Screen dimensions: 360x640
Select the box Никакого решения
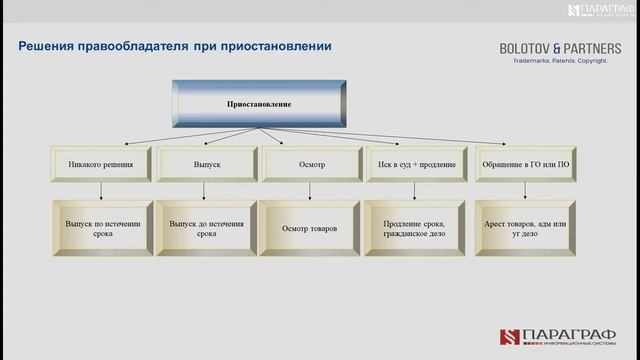(x=102, y=164)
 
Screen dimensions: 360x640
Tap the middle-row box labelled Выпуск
(x=206, y=164)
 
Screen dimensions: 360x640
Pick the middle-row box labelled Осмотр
(x=310, y=164)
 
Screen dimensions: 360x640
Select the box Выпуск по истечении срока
(x=102, y=228)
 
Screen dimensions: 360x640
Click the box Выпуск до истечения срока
(x=206, y=228)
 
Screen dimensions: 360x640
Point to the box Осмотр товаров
(x=310, y=228)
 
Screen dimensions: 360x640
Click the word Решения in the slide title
(x=51, y=46)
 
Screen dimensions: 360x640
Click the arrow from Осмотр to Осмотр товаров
(x=310, y=190)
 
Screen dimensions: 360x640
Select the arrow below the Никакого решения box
(x=102, y=190)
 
